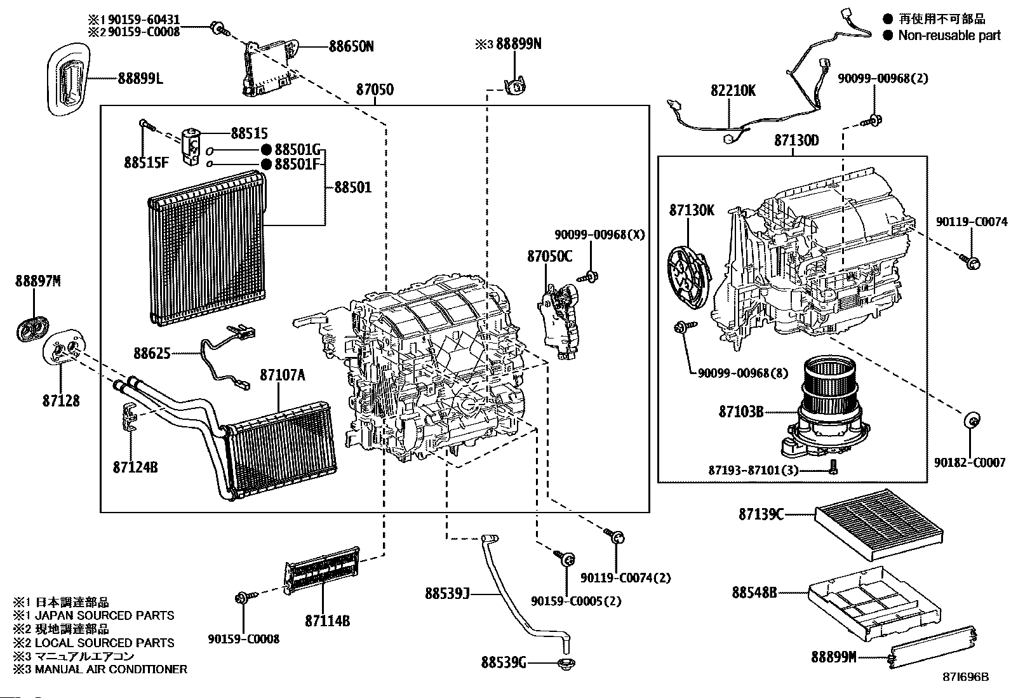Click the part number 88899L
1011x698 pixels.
coord(140,78)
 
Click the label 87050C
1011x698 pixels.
coord(549,257)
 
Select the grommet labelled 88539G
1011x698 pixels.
coord(564,664)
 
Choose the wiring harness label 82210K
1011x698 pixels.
coord(733,91)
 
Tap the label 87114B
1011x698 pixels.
coord(327,621)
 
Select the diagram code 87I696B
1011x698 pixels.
coord(966,678)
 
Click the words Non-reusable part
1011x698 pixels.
coord(949,36)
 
